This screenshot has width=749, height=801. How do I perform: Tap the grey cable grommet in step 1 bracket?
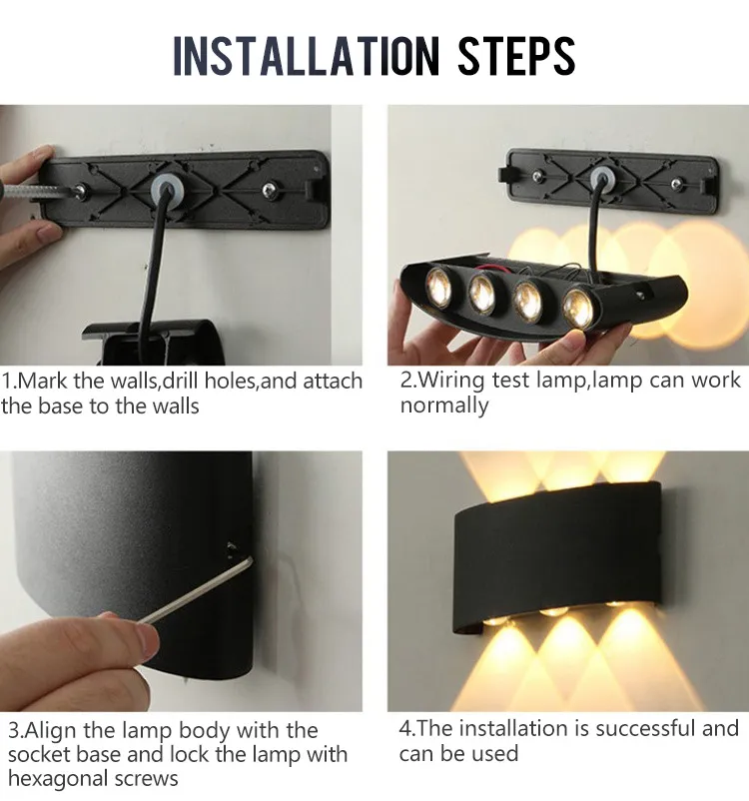[159, 188]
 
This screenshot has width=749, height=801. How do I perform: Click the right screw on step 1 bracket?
[268, 188]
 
